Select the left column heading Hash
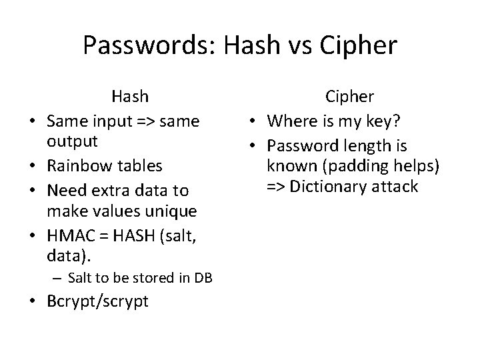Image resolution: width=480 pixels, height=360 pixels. (x=130, y=97)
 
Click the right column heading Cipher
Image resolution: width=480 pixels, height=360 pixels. (x=349, y=97)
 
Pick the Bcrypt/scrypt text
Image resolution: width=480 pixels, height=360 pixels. (x=97, y=301)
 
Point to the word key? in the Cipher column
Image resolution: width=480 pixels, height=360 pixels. (x=395, y=121)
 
